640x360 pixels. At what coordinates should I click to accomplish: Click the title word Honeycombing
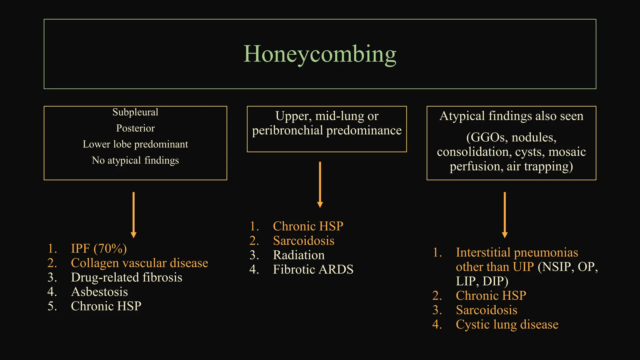point(320,54)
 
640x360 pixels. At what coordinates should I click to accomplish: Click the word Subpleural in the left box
point(135,112)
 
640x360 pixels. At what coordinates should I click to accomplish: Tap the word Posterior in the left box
point(135,128)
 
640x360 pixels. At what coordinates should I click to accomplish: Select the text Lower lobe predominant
point(135,144)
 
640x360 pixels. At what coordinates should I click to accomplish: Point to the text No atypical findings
point(135,160)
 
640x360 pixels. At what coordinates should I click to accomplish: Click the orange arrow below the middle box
point(320,184)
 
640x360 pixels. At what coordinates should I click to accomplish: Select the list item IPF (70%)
point(99,248)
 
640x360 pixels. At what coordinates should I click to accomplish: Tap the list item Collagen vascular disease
point(139,263)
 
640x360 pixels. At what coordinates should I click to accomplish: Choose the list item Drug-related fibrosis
point(127,277)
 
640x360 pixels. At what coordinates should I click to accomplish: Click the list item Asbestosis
point(99,292)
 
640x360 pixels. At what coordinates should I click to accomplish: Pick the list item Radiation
point(299,255)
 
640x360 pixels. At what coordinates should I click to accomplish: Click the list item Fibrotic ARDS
point(313,269)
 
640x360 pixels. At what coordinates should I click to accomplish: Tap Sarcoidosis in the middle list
point(303,241)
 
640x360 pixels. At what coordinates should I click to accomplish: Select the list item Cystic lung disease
point(507,324)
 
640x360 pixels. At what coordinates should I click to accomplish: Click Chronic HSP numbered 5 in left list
point(106,306)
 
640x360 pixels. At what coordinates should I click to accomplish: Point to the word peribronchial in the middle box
point(287,131)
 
